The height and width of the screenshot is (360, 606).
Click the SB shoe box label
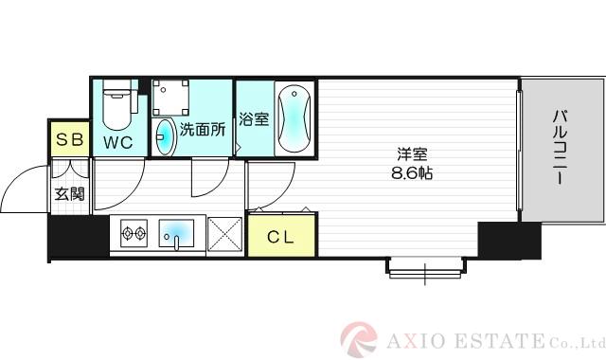click(70, 141)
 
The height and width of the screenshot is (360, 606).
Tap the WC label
click(117, 143)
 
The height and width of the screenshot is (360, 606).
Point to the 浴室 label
click(253, 121)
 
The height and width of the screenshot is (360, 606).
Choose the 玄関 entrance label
click(69, 194)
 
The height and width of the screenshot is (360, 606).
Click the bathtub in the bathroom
click(292, 119)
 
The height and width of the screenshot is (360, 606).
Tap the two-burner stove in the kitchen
click(132, 232)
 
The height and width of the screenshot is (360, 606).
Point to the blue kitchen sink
click(177, 232)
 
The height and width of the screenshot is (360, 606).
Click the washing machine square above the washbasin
click(172, 98)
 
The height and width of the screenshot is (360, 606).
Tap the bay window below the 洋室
click(424, 270)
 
